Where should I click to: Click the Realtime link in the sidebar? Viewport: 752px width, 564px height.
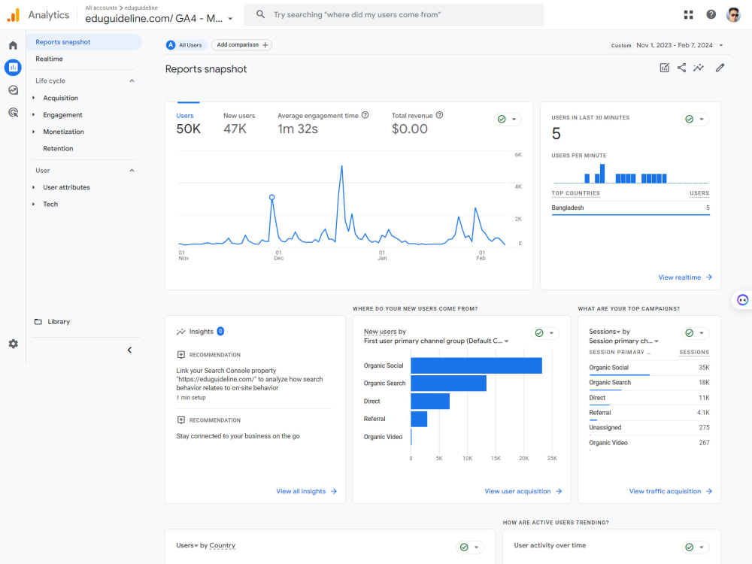point(49,59)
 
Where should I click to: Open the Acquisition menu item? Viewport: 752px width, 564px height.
point(60,98)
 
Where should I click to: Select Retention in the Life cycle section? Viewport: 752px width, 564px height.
point(58,149)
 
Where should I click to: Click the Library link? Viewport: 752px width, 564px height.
point(59,322)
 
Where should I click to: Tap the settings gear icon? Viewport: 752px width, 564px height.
point(14,344)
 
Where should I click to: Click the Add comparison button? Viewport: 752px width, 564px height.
point(241,45)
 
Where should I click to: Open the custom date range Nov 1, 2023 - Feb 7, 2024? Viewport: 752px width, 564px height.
point(675,45)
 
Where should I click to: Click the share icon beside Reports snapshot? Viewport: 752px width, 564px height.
point(681,68)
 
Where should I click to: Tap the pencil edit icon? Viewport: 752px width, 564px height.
point(720,68)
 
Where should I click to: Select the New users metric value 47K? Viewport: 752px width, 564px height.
point(235,129)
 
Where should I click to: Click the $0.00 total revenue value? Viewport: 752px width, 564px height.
point(410,129)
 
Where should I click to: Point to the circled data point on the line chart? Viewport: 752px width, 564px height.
point(272,198)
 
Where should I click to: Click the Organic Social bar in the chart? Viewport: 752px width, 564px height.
point(476,365)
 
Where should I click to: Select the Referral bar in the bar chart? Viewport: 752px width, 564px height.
point(419,419)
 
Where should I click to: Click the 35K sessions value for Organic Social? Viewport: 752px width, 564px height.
point(704,368)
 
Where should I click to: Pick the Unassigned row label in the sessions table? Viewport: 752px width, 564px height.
point(605,428)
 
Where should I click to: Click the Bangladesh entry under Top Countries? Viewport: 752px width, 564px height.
point(567,208)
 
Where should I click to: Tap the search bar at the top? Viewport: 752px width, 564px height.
point(394,15)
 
